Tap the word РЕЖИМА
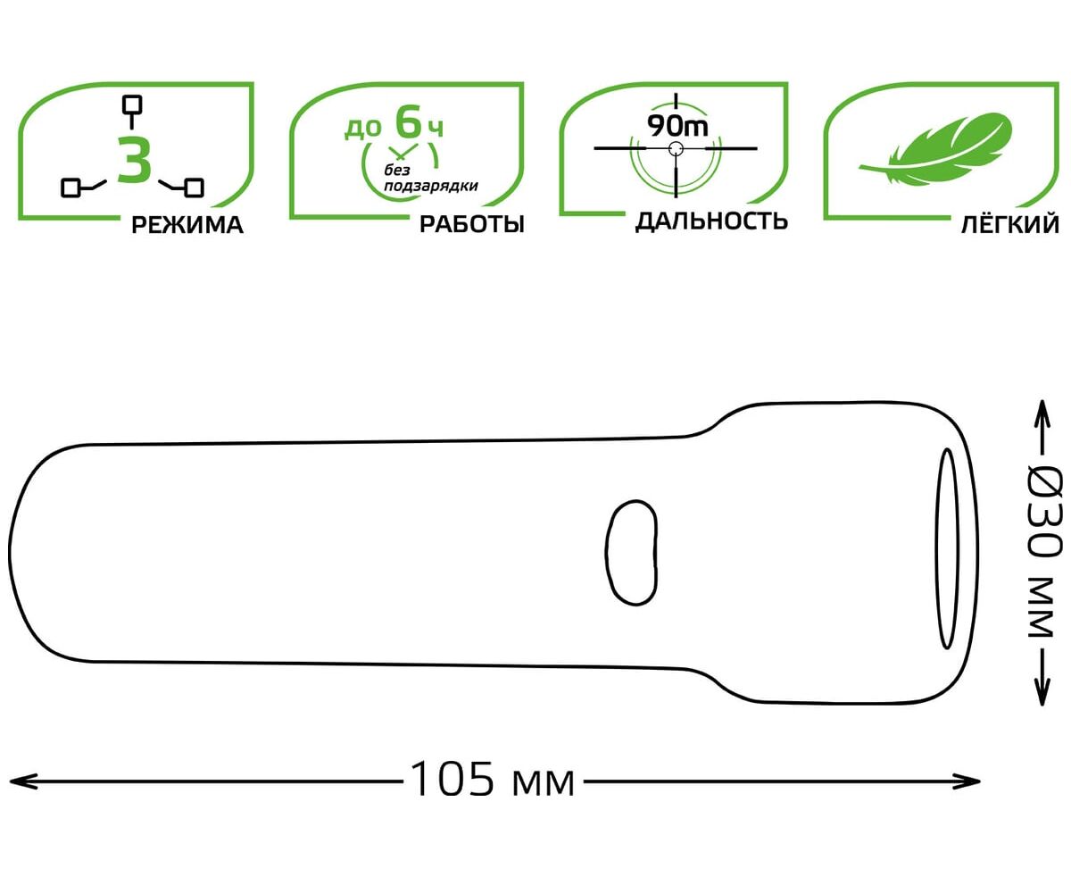coord(187,225)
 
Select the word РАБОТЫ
coord(472,224)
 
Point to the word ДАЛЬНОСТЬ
coord(711,221)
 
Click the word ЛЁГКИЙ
coord(1010,224)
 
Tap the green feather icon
coord(936,149)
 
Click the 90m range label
coord(677,125)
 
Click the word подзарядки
coord(431,187)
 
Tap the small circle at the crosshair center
coord(676,149)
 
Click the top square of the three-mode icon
coord(132,104)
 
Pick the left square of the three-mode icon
coord(71,188)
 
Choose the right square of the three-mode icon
coord(194,188)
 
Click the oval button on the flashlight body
coord(631,553)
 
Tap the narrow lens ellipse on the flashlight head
coord(947,548)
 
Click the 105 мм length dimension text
coord(492,780)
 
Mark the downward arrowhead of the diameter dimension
coord(1042,692)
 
